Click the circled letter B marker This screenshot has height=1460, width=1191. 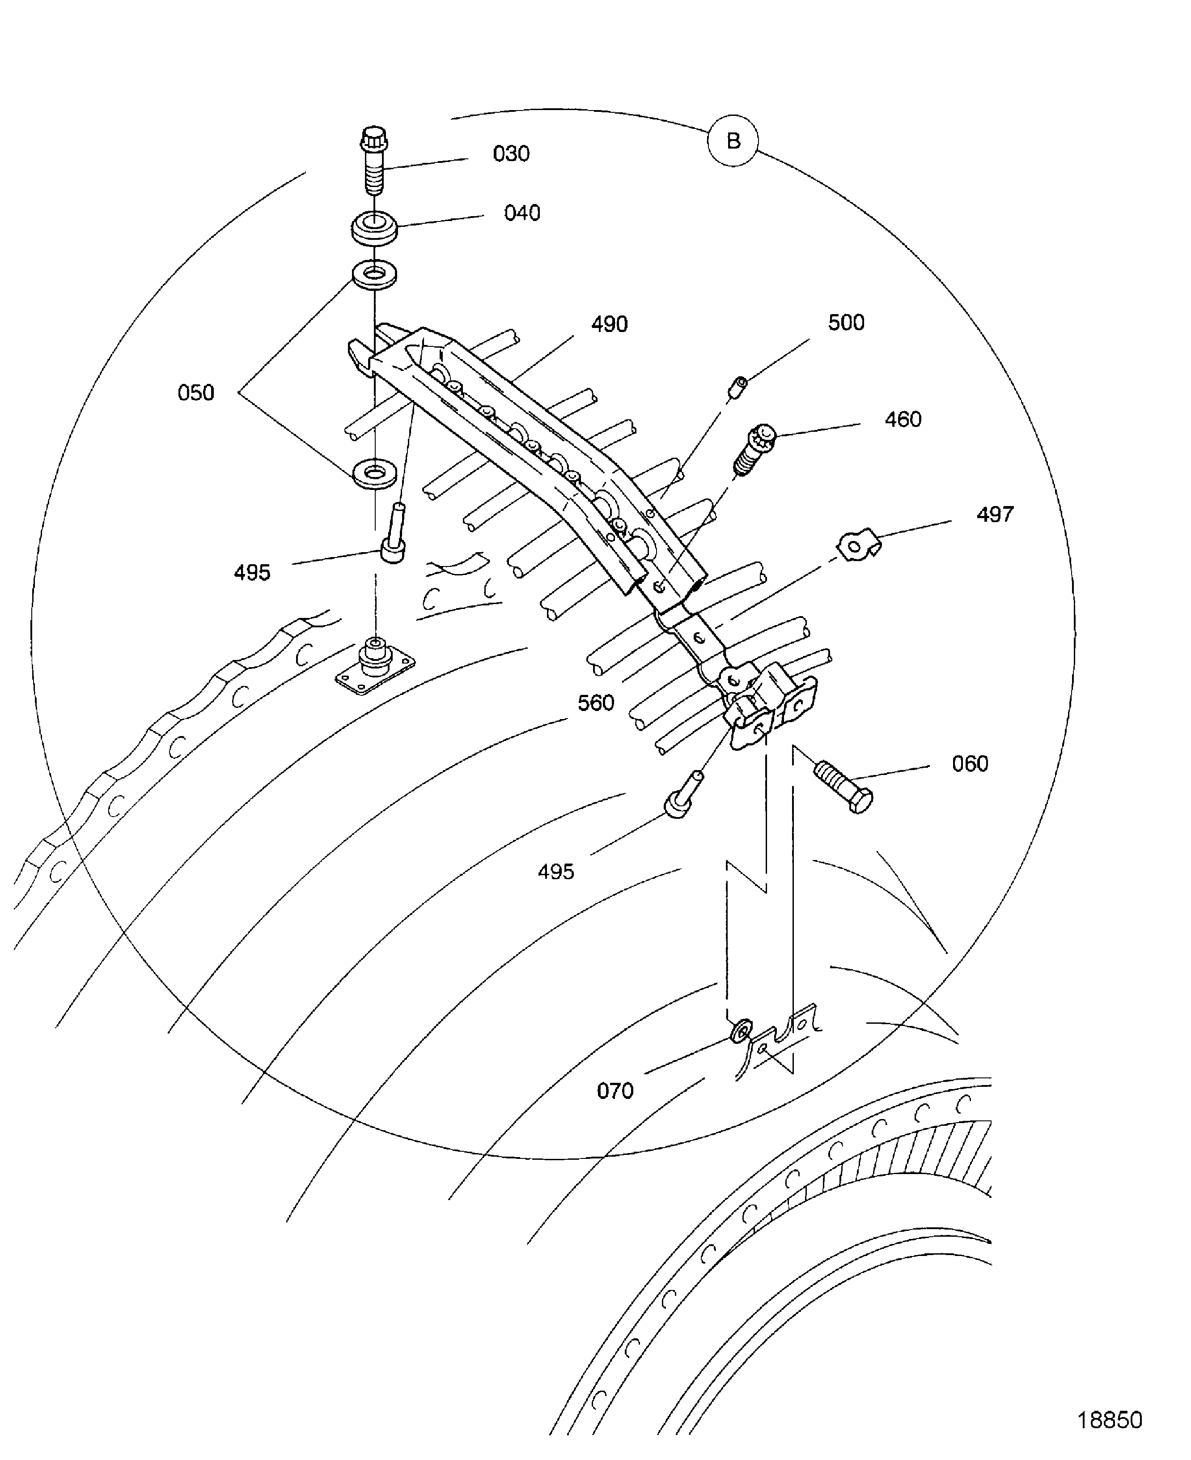(x=733, y=140)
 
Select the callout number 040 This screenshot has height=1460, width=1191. (x=522, y=213)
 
